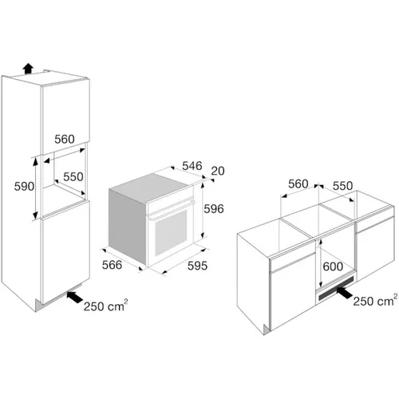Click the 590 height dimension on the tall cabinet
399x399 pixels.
coord(24,187)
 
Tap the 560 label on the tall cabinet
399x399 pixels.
coord(65,140)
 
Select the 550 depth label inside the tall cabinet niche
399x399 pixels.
coord(73,177)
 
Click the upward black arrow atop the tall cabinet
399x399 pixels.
coord(28,69)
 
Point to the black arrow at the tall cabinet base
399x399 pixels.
coord(75,297)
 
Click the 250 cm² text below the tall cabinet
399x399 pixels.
coord(105,306)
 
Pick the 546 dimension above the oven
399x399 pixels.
coord(192,166)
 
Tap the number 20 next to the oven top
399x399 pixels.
coord(218,171)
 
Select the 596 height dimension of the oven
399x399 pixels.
coord(214,209)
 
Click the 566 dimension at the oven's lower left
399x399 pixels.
coord(112,265)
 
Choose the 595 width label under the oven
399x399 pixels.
coord(197,266)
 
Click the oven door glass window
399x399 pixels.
coord(171,232)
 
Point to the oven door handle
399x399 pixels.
coord(172,210)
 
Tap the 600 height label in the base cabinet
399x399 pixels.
coord(333,267)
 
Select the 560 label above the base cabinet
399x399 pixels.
coord(298,184)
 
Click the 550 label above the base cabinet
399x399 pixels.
coord(342,186)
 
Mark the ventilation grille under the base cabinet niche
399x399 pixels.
coord(336,287)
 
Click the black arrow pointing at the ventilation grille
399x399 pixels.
coord(345,293)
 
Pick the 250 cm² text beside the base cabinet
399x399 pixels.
coord(375,300)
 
